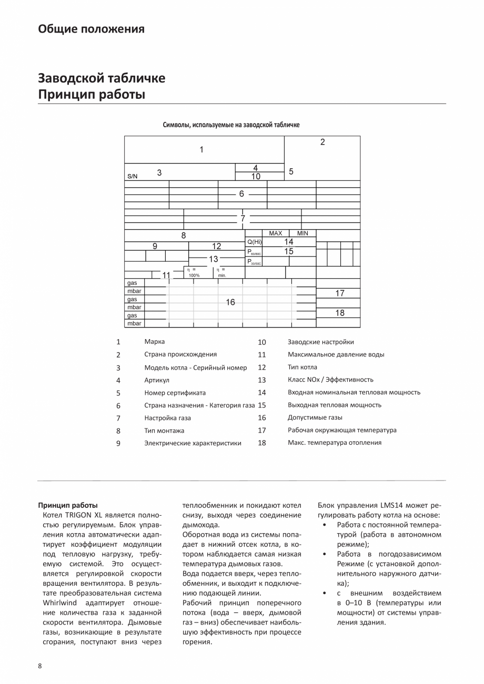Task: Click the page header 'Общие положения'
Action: click(x=91, y=29)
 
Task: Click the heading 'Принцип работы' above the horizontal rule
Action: click(x=91, y=95)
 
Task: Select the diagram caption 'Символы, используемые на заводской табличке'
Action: click(x=231, y=125)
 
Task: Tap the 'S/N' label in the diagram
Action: click(x=132, y=177)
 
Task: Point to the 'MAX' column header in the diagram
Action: click(x=275, y=233)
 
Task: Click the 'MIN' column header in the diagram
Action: click(x=302, y=233)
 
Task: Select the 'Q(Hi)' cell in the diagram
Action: click(x=254, y=242)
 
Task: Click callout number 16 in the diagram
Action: click(x=230, y=302)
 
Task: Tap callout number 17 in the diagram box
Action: click(x=340, y=293)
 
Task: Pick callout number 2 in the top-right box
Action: click(x=322, y=142)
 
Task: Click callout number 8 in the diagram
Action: click(x=184, y=236)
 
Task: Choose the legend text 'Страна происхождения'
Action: click(x=180, y=354)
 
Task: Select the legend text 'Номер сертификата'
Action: click(x=175, y=393)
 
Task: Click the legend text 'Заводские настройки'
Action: click(x=320, y=342)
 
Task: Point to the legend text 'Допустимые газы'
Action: click(x=315, y=417)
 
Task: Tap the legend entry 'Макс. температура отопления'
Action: click(x=334, y=443)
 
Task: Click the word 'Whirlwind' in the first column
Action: click(x=57, y=603)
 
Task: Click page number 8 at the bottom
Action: click(x=40, y=666)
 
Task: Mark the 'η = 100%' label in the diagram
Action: click(x=194, y=272)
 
